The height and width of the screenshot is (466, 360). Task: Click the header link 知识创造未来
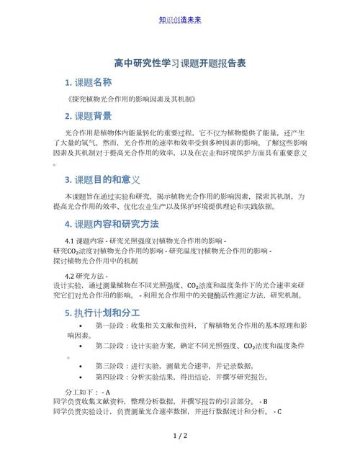coord(180,19)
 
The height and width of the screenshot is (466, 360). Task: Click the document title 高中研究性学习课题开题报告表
coord(180,64)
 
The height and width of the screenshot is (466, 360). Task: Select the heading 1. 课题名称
coord(89,82)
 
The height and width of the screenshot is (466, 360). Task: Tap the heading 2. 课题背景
coord(89,115)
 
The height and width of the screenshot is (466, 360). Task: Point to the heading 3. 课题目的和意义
coord(102,179)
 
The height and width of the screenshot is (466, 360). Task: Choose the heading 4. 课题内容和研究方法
coord(111,224)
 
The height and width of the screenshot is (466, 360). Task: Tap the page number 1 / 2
coord(180,436)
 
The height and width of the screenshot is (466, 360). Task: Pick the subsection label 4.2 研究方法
coord(79,275)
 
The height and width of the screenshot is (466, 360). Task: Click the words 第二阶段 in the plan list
coord(109,346)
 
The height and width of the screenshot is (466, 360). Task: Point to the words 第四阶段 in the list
coord(109,376)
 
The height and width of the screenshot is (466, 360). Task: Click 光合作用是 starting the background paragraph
coord(78,134)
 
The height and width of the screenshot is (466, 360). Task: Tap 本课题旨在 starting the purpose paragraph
coord(78,196)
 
